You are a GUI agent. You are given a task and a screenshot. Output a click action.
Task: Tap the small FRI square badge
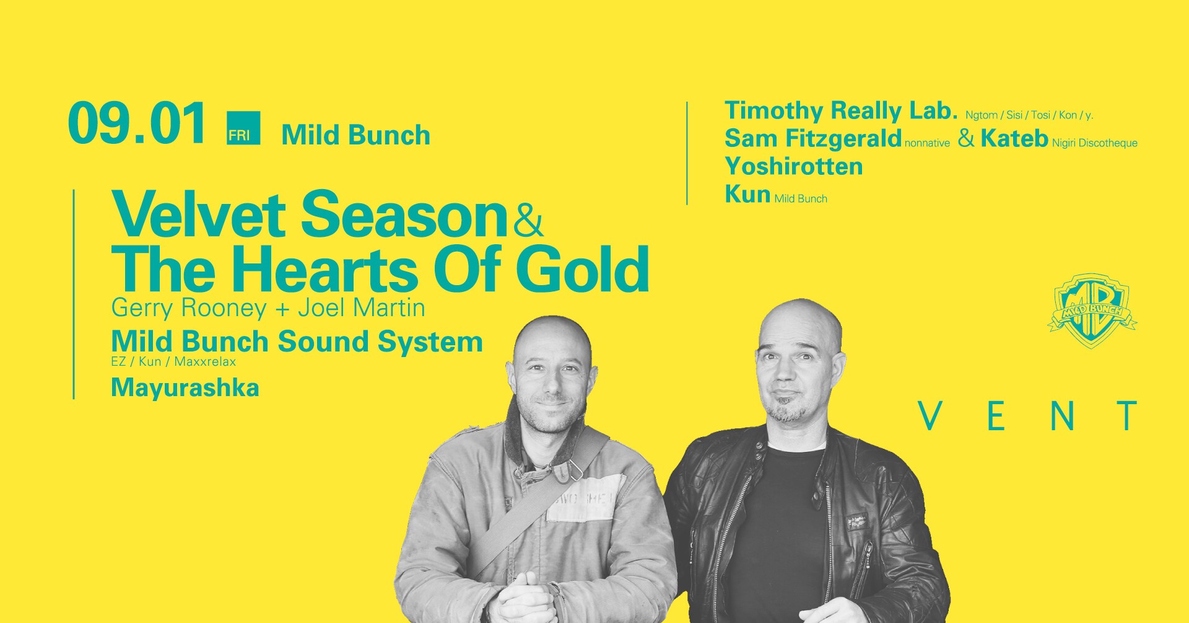[x=243, y=128]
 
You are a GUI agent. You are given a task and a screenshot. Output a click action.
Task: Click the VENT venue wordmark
[x=1029, y=416]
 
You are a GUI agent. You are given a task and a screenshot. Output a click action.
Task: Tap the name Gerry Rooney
[x=188, y=308]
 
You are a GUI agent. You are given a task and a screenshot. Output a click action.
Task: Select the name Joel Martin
[x=361, y=307]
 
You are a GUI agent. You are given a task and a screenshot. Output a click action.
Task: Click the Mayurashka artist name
[x=185, y=388]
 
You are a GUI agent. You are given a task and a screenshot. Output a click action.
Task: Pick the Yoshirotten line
[x=794, y=166]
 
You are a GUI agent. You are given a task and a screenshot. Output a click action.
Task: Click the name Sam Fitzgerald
[x=812, y=138]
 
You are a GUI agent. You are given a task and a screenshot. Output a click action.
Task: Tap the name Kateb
[x=1014, y=138]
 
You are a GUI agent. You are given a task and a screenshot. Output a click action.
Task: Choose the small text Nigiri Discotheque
[x=1095, y=143]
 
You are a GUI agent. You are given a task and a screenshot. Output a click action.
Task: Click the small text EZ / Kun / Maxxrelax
[x=173, y=361]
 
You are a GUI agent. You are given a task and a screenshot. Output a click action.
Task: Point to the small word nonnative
[x=927, y=144]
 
